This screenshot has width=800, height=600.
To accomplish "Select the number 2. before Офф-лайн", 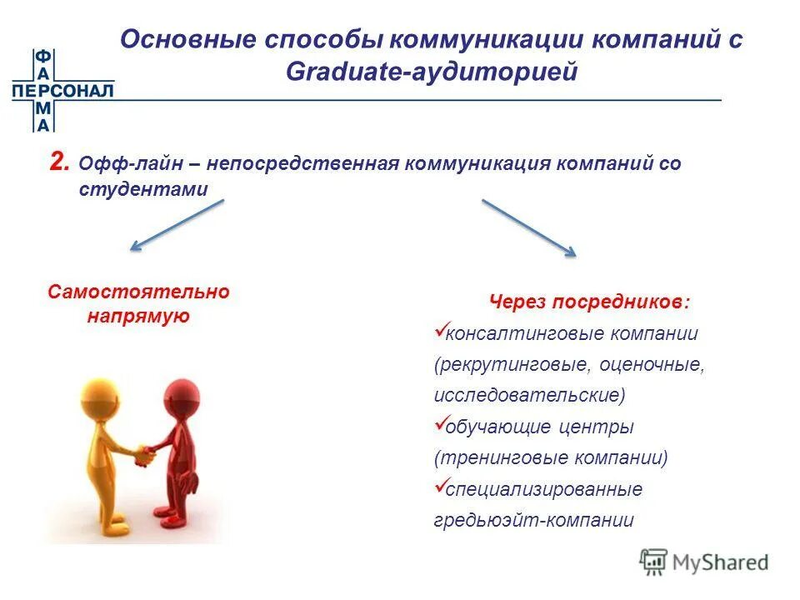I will (60, 162).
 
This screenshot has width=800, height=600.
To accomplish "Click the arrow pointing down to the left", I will (177, 225).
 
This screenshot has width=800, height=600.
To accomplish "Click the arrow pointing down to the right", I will (529, 227).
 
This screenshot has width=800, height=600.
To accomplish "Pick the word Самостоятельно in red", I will (138, 292).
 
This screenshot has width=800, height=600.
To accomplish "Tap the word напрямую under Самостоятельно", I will (138, 317).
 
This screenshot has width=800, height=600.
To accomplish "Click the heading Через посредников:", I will (589, 302).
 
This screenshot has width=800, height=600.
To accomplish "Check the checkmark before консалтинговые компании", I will (442, 331).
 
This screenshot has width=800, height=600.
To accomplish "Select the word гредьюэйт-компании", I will (533, 521).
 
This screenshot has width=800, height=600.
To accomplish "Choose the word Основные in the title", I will (188, 40).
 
